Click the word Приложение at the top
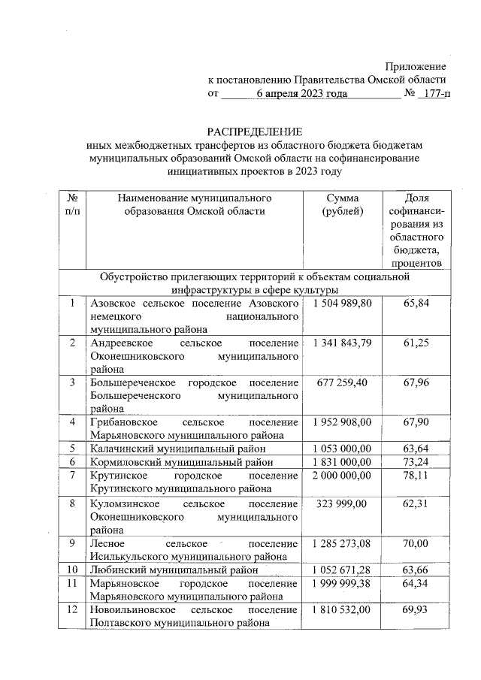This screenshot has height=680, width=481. [416, 67]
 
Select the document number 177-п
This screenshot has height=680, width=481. [436, 94]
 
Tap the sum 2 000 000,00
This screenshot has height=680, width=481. [342, 475]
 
